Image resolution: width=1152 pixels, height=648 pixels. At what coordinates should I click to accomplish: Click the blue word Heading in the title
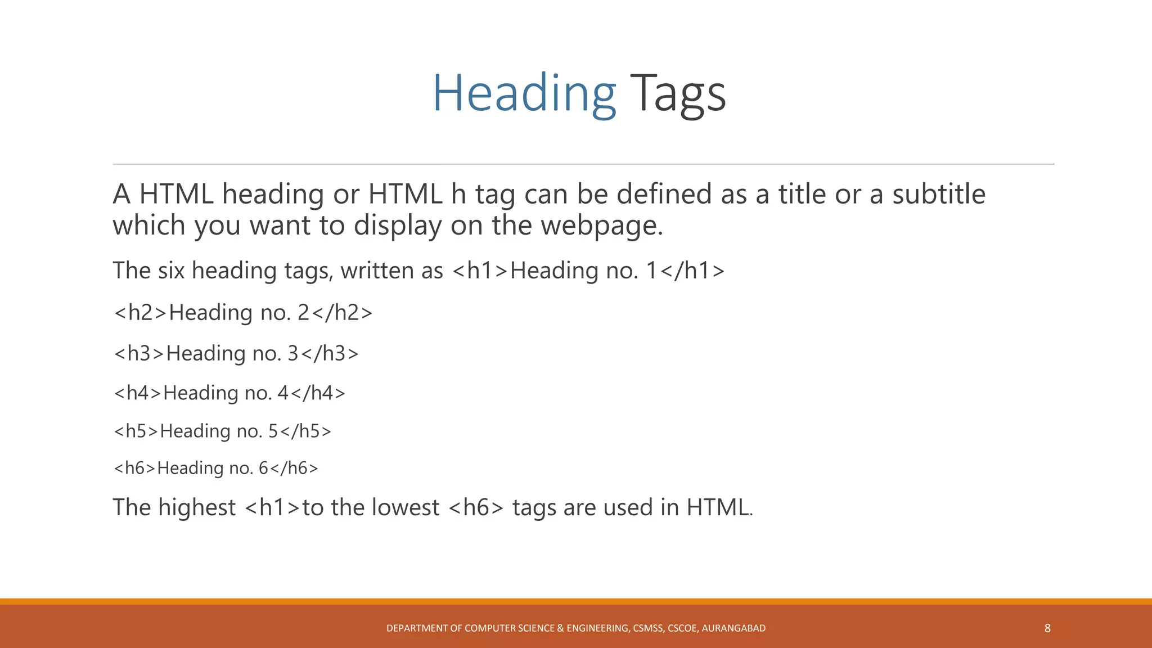click(x=524, y=94)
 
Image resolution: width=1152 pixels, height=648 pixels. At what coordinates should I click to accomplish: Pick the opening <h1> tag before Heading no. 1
click(x=480, y=271)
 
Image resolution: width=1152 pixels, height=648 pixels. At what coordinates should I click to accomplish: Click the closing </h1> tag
click(x=692, y=271)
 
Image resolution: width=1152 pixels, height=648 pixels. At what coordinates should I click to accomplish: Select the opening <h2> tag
click(x=141, y=313)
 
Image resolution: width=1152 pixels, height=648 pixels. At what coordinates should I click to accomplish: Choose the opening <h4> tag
click(x=138, y=393)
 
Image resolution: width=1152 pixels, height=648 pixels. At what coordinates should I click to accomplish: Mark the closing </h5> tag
click(x=305, y=431)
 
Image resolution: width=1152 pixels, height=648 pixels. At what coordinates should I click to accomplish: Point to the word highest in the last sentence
click(x=197, y=507)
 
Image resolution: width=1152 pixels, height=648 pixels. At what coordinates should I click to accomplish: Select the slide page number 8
click(x=1047, y=628)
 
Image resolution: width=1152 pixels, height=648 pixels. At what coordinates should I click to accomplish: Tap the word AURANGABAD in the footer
click(x=733, y=628)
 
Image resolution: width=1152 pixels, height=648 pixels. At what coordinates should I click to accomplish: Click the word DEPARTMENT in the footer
click(x=416, y=628)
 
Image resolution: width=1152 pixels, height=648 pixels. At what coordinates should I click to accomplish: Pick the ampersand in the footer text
click(x=560, y=628)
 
